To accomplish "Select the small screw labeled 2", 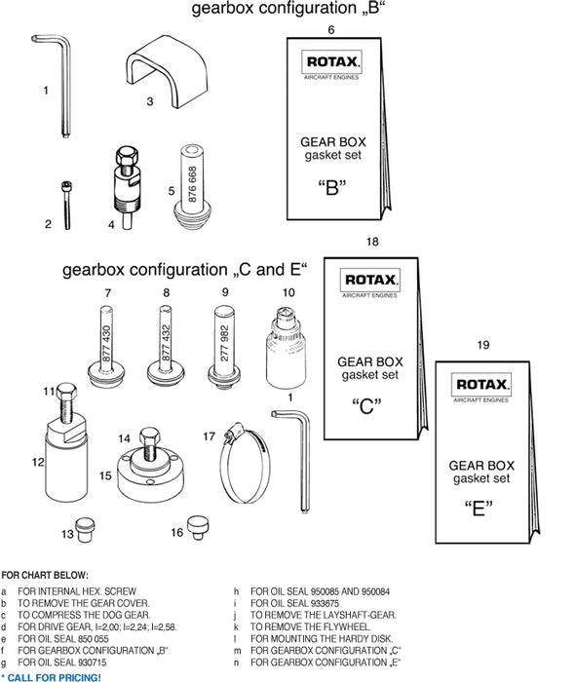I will coord(66,205).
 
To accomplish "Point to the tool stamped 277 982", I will coord(225,342).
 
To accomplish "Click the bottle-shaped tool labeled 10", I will coord(284,349).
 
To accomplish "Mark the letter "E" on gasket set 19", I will coord(478,508).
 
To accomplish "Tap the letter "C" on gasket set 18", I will coord(366,406).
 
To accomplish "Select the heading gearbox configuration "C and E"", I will coord(184,269).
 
